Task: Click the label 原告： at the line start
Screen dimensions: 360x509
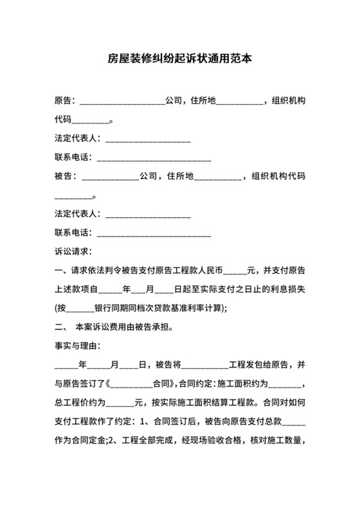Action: click(66, 101)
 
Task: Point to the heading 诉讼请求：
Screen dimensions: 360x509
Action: click(75, 251)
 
